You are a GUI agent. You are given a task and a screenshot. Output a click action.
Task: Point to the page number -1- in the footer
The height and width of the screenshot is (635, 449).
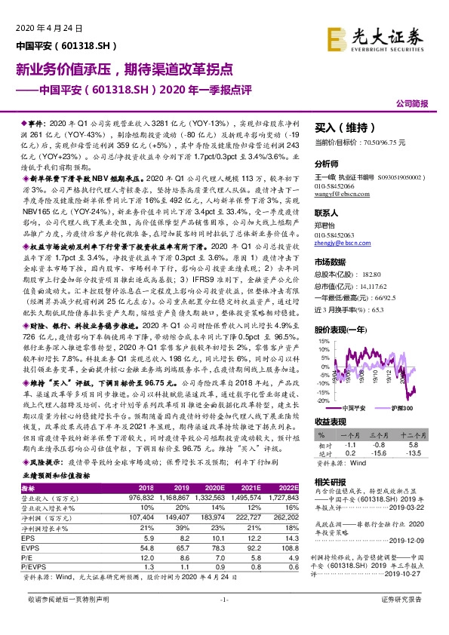tap(223, 620)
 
